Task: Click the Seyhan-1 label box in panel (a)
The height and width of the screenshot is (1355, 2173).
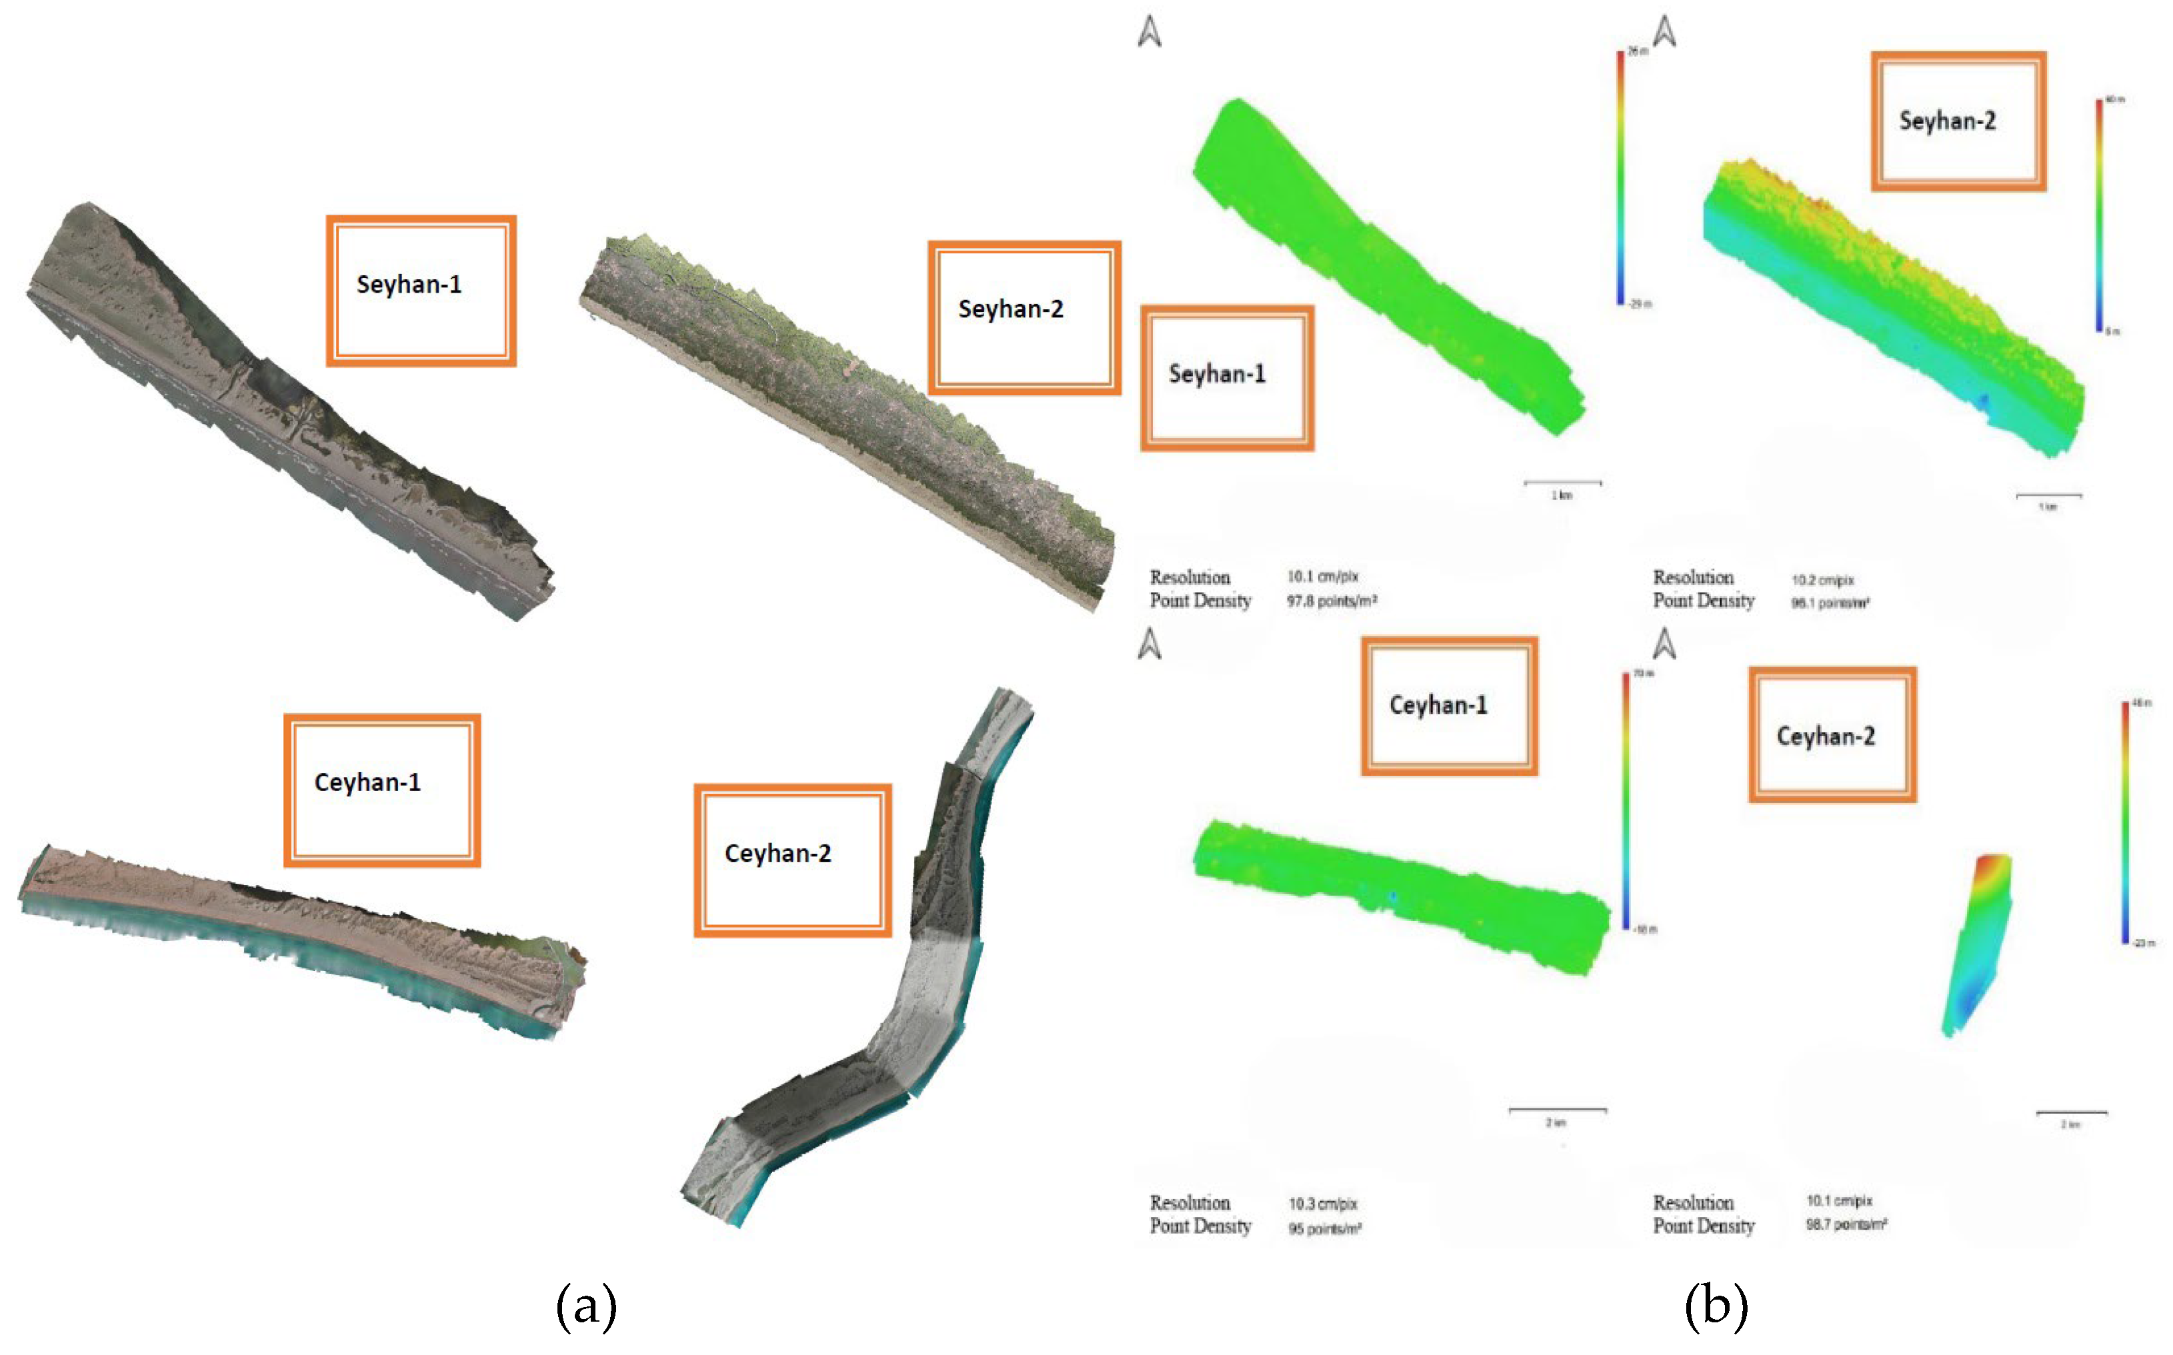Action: click(421, 291)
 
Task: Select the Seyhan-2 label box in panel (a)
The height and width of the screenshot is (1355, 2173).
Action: click(1023, 317)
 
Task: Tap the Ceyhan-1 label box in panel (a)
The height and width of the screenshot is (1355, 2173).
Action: click(382, 790)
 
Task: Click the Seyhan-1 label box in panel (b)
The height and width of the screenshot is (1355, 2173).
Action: click(1226, 377)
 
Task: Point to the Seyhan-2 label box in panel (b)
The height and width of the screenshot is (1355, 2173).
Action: click(1958, 121)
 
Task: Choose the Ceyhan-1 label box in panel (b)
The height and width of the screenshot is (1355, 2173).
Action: click(1449, 705)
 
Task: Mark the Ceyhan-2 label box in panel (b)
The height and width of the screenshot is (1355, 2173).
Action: click(1832, 735)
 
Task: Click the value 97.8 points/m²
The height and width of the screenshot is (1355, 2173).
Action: click(1332, 601)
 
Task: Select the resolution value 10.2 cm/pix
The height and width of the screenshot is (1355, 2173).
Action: click(1822, 580)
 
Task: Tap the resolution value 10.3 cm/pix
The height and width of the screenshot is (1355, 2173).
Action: click(1323, 1204)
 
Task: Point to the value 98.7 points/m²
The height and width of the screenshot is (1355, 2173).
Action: click(1846, 1224)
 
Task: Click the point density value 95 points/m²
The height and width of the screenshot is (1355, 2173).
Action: click(1324, 1228)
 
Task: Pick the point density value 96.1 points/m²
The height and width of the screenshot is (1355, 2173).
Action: click(1830, 603)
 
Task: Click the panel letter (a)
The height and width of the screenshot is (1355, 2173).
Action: click(586, 1305)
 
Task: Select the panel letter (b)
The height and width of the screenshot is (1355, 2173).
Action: click(1716, 1305)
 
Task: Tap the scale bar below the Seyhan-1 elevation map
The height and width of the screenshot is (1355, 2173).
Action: click(1562, 484)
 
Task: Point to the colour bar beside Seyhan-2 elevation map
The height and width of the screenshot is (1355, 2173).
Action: click(2098, 215)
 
